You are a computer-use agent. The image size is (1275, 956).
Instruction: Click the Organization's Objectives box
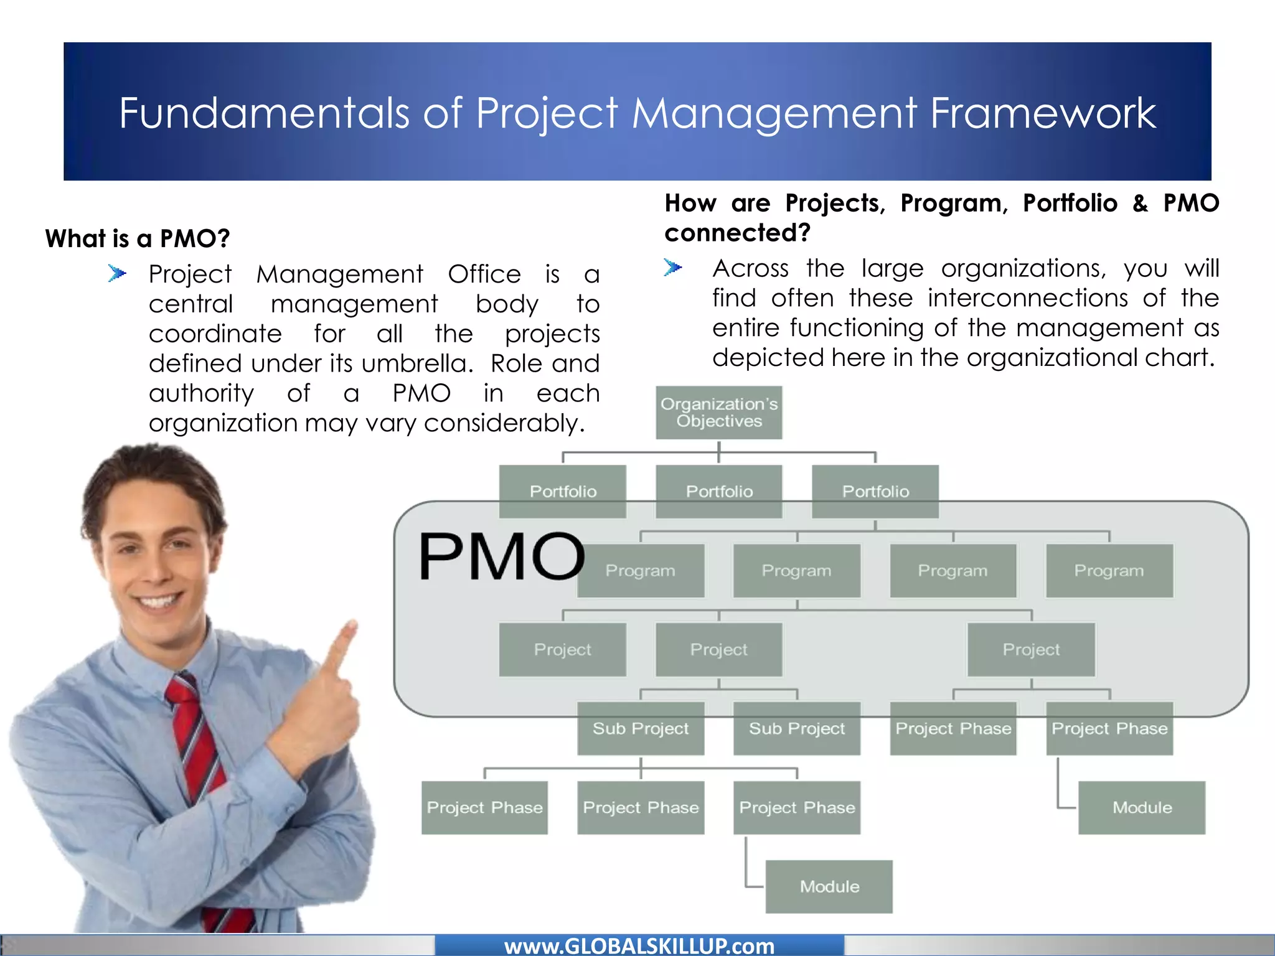[719, 413]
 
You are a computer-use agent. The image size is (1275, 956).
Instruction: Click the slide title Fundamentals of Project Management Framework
[637, 113]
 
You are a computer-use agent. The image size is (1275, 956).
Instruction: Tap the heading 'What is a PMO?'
[138, 238]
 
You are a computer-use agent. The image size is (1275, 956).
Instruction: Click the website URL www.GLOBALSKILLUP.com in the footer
[639, 946]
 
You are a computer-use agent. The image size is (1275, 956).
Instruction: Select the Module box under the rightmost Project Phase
[1142, 807]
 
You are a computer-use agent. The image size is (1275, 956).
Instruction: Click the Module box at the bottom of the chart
[829, 886]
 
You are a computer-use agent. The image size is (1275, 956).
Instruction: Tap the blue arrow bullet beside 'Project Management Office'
[117, 273]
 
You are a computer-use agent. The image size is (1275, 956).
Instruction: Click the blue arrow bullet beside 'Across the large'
[673, 268]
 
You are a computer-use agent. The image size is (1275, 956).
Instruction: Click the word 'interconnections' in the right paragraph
[1027, 298]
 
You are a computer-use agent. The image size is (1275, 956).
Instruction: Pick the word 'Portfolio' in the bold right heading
[1070, 203]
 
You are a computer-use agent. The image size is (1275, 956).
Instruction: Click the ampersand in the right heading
[1140, 203]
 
